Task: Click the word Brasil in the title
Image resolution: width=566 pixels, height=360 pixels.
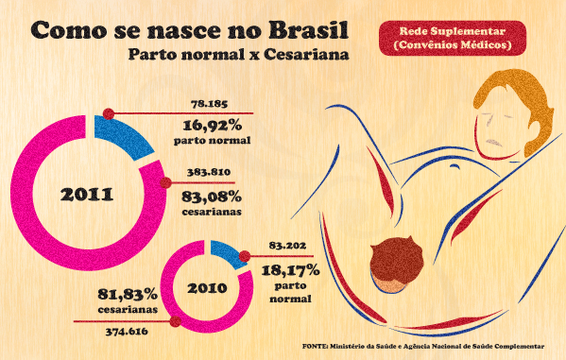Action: [309, 29]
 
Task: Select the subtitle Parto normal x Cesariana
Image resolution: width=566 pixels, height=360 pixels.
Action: [239, 55]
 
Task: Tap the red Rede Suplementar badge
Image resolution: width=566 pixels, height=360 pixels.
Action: [453, 38]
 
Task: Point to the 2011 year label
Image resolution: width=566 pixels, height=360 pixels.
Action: [87, 195]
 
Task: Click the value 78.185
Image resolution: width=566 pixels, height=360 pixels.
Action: [210, 104]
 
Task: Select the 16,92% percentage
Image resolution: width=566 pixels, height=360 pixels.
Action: [213, 126]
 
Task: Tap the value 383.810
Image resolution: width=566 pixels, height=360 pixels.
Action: [209, 172]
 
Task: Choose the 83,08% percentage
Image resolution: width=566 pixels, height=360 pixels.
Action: [212, 197]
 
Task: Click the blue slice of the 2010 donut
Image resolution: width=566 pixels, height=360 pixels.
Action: [227, 254]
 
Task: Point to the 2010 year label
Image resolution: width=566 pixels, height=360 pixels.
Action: [207, 288]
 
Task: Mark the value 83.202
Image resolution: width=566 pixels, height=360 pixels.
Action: [287, 246]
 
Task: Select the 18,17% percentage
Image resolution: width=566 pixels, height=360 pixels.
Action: [291, 270]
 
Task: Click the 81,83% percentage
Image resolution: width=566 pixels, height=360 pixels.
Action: [128, 294]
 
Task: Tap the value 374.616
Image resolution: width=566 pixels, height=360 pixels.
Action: [127, 332]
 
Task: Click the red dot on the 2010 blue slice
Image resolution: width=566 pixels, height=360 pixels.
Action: [245, 256]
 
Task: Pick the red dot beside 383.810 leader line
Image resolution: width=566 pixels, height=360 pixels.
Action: [165, 182]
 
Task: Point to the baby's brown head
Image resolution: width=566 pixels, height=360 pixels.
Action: [396, 259]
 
